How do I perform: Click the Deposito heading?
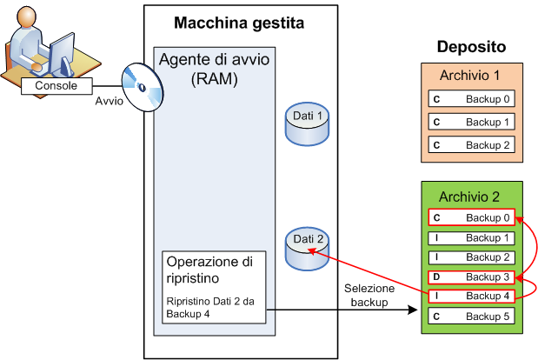click(x=471, y=47)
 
